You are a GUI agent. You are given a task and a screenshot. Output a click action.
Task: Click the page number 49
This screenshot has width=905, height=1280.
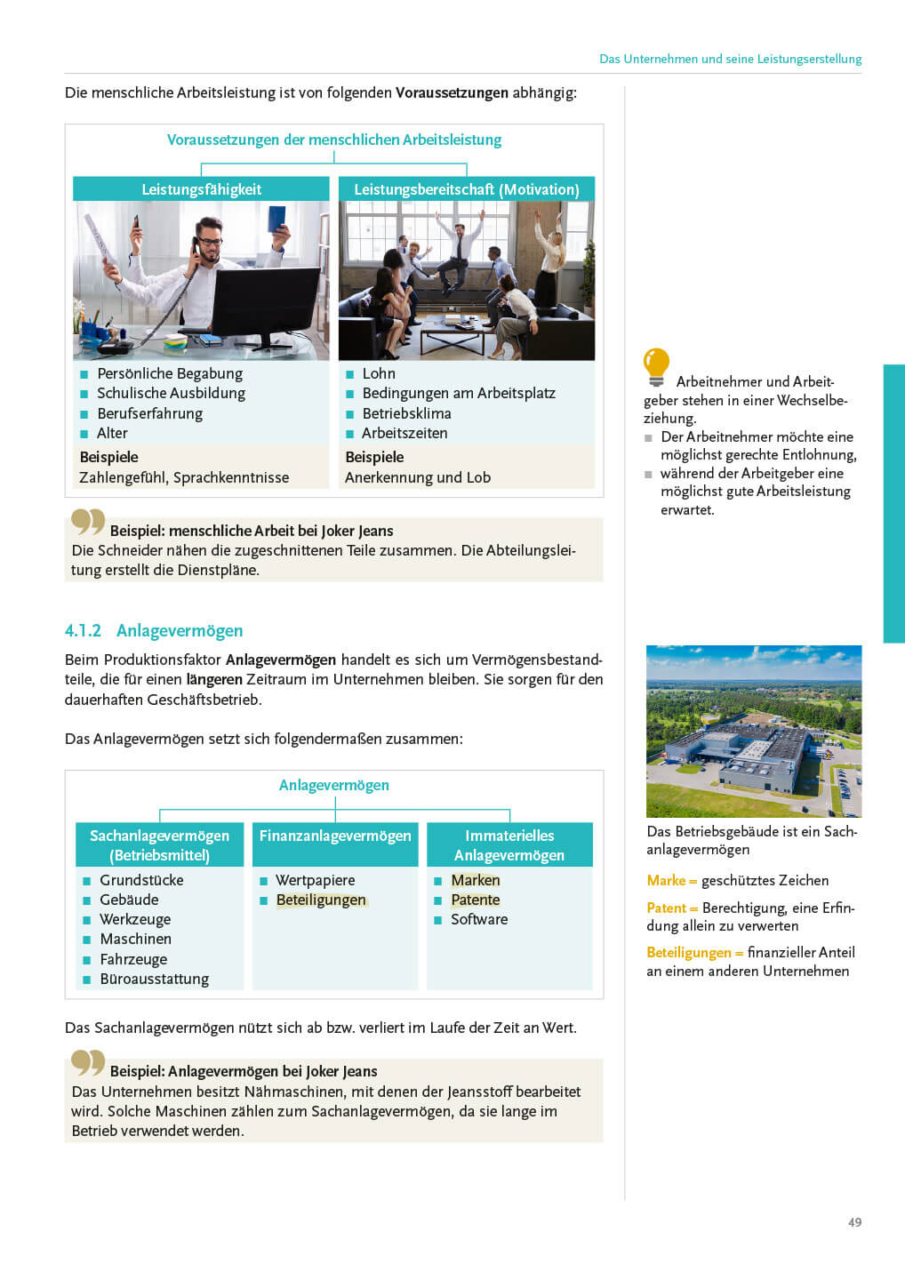[854, 1222]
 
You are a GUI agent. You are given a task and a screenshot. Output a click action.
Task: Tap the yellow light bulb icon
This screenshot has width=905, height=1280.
[656, 365]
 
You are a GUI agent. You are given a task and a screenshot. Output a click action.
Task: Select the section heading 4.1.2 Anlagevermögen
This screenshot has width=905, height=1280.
[154, 630]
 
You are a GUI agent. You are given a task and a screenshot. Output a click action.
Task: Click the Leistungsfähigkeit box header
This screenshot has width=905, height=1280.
[201, 189]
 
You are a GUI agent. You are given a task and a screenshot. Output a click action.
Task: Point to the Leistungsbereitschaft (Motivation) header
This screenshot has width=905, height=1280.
[466, 189]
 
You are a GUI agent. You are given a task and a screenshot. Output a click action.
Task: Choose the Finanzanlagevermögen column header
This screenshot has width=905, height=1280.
[335, 836]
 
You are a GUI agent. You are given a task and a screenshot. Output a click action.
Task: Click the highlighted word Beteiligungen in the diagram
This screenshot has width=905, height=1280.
[320, 900]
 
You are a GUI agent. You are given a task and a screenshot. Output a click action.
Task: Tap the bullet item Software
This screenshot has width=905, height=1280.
[479, 919]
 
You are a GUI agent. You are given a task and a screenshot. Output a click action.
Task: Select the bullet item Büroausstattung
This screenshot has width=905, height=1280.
[154, 979]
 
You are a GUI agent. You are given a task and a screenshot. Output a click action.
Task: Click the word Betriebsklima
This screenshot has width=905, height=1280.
[406, 413]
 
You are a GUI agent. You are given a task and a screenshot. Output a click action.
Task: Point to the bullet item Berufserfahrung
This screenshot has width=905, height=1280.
[149, 413]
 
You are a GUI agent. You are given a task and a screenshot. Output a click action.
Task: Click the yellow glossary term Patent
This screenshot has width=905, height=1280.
[667, 908]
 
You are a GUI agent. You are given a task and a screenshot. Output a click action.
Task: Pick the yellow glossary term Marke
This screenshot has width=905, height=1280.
[666, 880]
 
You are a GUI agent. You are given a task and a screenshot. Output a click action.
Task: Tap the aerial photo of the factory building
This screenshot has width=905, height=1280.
[753, 731]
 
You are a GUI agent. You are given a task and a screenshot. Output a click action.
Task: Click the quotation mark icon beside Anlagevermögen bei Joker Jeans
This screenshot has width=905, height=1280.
[88, 1062]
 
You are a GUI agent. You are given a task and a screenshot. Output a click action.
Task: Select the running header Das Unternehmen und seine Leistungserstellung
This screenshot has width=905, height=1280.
[730, 59]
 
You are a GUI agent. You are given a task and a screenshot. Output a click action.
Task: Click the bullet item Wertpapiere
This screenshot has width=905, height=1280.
[315, 880]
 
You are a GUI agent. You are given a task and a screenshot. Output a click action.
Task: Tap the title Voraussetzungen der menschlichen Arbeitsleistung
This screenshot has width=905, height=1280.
[334, 140]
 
